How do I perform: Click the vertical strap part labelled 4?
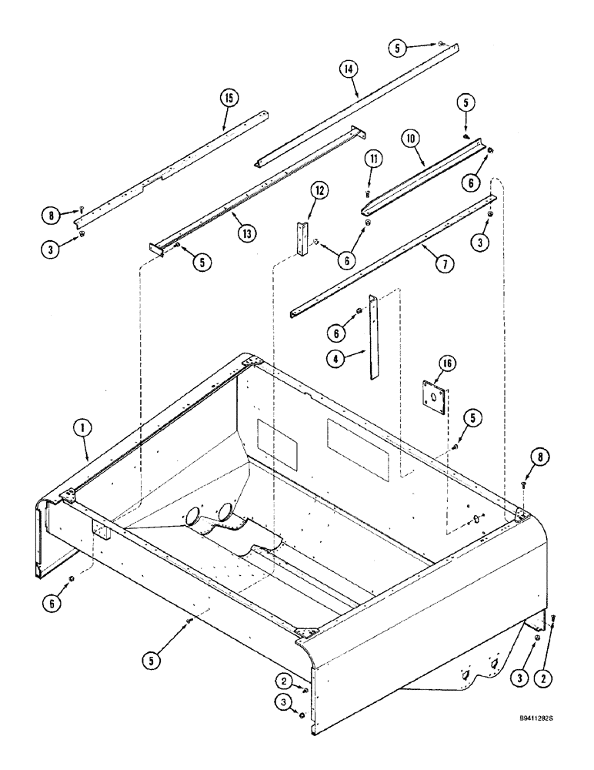click(373, 336)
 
